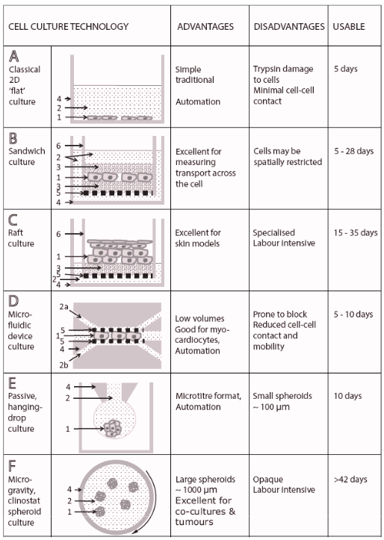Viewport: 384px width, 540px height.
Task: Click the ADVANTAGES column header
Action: coord(205,27)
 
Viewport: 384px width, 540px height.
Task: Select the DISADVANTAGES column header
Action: coord(289,27)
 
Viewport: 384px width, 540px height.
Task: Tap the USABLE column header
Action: coord(349,27)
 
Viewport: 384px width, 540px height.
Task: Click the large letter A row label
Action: coord(13,56)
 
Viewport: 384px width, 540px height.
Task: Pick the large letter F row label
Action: coord(12,466)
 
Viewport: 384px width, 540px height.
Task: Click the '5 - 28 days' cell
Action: coord(353,151)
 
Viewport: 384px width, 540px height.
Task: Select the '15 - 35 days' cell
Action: coord(356,233)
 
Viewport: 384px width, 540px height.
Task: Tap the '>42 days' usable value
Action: coord(350,480)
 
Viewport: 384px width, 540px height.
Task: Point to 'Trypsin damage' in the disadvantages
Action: coord(283,69)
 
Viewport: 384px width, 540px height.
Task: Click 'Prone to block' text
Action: coord(280,314)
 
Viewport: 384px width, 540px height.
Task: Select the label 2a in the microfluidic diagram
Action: coord(64,306)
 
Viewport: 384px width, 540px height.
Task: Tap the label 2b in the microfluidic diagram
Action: coord(64,365)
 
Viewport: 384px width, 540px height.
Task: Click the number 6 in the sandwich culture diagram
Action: coord(58,146)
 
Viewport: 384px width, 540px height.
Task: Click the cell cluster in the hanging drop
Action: coord(114,429)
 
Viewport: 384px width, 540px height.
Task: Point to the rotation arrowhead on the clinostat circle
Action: coord(136,530)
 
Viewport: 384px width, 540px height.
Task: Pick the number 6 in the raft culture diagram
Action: coord(58,235)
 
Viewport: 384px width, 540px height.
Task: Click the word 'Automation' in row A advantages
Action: coord(198,102)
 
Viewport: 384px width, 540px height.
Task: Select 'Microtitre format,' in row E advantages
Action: coord(208,396)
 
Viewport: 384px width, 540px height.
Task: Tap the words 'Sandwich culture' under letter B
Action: coord(27,156)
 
